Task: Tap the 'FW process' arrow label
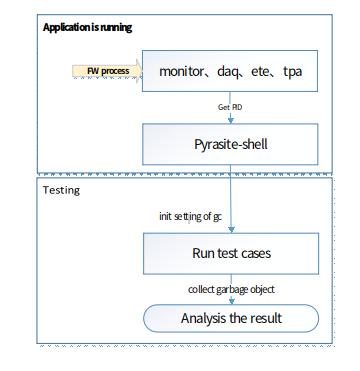point(106,71)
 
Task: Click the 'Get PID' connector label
point(231,106)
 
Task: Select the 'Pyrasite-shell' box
point(231,145)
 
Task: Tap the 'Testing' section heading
point(63,189)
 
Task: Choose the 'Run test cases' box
point(231,253)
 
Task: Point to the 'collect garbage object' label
point(231,289)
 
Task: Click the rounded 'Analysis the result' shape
point(231,319)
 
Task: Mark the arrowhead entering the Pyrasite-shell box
point(231,121)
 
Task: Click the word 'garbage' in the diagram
point(236,289)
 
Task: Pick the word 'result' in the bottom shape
point(263,319)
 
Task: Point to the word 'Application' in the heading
point(65,27)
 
